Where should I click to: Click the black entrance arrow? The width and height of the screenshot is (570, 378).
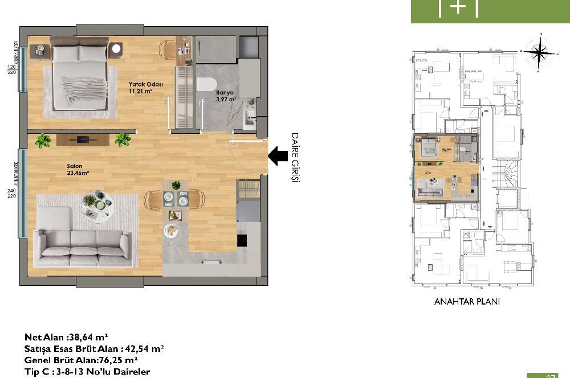coord(278,155)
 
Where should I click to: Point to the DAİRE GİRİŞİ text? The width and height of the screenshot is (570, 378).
coord(295,157)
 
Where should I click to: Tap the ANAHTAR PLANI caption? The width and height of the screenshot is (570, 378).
coord(467,302)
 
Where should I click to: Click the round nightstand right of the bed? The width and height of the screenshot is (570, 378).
coord(116,48)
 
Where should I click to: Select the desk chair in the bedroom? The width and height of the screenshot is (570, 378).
coord(168,50)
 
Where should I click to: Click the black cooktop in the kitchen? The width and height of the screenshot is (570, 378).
coord(241,240)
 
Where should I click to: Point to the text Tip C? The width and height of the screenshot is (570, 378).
coord(39,372)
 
